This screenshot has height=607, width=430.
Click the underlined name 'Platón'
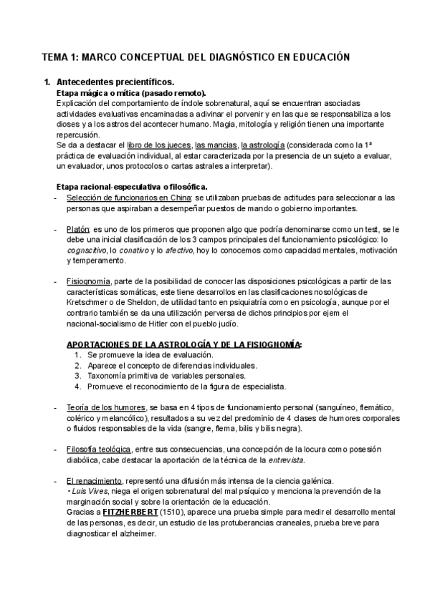point(77,229)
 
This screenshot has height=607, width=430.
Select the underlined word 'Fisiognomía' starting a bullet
point(87,281)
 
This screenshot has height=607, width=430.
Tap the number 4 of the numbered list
point(77,387)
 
